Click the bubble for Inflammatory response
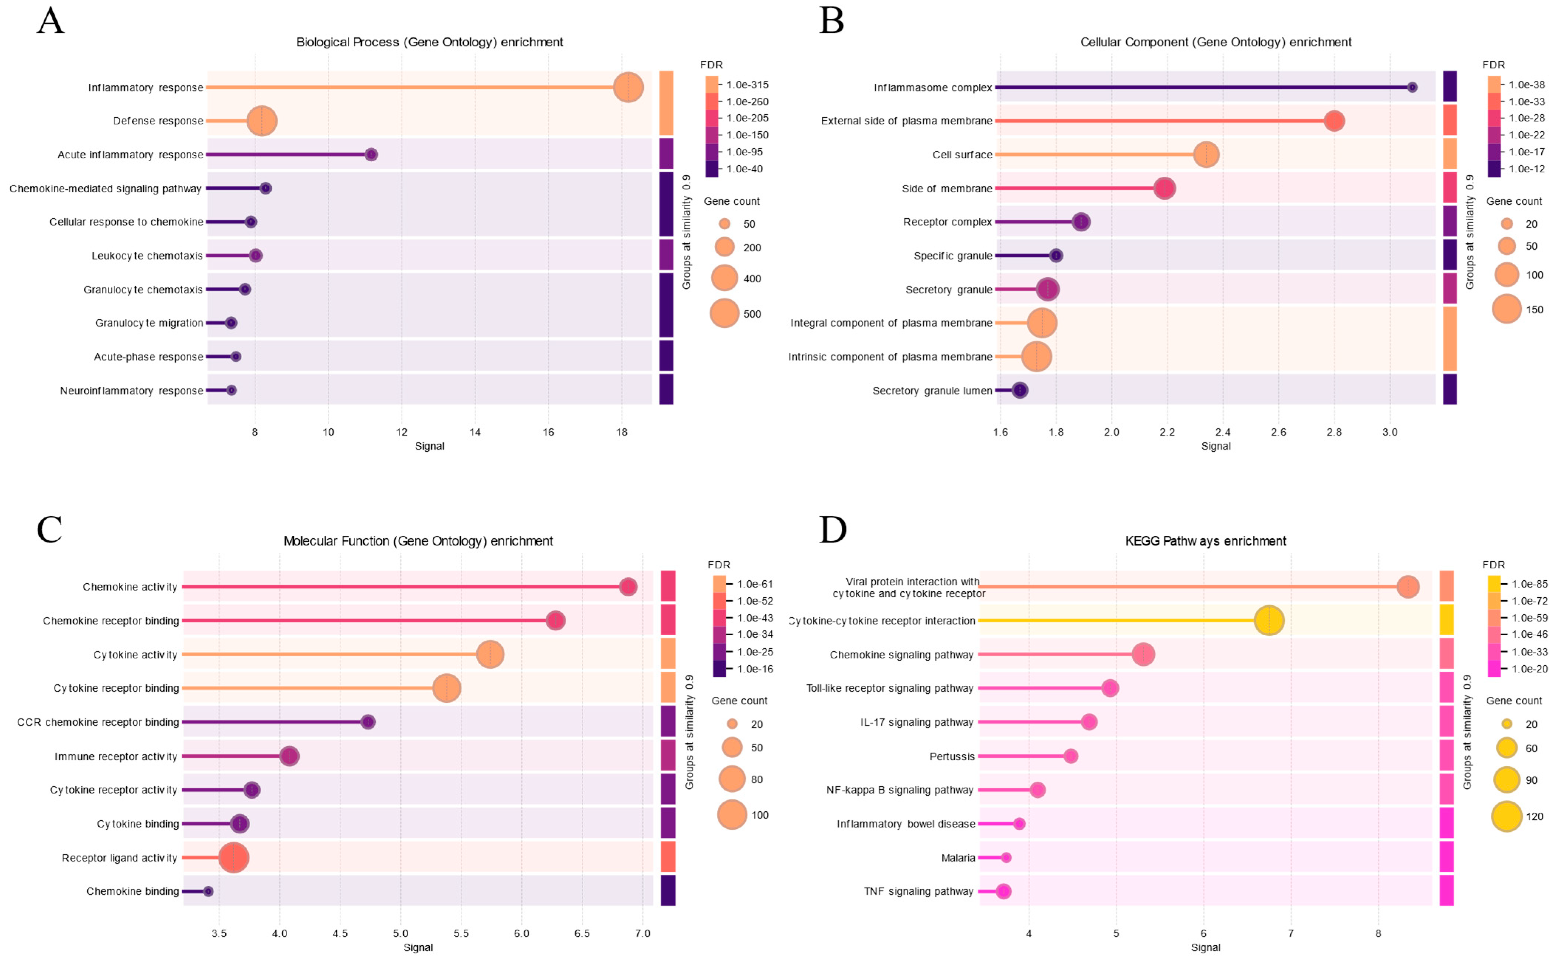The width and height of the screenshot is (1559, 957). tap(628, 87)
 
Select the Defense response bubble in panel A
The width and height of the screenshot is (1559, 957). tap(261, 121)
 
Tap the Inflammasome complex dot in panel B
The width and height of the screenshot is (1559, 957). tap(1412, 87)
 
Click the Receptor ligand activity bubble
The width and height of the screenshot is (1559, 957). tap(234, 858)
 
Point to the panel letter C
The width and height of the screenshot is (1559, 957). tap(49, 529)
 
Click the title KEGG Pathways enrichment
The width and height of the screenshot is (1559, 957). tap(1205, 541)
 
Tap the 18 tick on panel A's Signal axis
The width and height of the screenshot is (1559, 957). tap(622, 432)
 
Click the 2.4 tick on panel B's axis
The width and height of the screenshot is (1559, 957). tap(1223, 432)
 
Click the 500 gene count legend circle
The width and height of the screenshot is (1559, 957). tap(724, 313)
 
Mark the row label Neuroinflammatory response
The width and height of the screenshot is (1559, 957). tap(132, 390)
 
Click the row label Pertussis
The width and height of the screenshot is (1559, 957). tap(952, 756)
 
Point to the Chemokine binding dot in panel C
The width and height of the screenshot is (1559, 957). tap(207, 891)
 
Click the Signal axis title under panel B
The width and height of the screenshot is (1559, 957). tap(1215, 446)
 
